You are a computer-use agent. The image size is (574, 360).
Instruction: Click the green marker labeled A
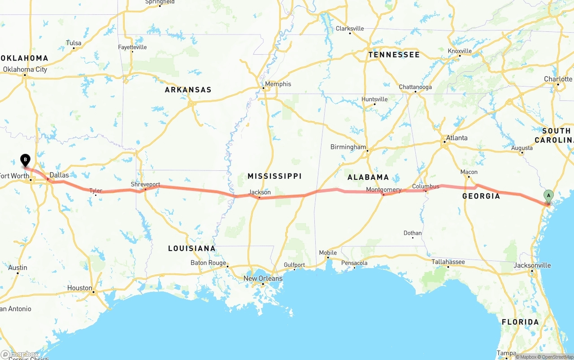click(548, 196)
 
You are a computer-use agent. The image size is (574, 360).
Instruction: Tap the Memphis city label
click(278, 84)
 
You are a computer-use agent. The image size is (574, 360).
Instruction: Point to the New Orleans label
click(263, 278)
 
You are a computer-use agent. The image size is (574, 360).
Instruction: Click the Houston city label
click(79, 288)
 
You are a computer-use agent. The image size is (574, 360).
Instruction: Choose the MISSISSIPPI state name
click(274, 176)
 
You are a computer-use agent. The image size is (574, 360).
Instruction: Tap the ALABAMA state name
click(368, 177)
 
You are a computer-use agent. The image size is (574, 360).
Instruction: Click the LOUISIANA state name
click(191, 248)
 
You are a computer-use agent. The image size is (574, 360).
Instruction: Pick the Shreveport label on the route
click(145, 184)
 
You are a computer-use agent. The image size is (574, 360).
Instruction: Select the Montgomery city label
click(383, 190)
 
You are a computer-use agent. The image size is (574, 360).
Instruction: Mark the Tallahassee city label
click(448, 262)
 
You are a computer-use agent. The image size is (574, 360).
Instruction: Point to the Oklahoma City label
click(25, 69)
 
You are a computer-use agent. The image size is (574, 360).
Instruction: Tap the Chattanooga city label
click(415, 87)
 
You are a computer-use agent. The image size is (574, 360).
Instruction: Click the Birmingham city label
click(348, 147)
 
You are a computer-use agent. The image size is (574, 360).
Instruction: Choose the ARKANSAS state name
click(188, 90)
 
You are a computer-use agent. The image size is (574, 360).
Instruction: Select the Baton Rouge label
click(208, 263)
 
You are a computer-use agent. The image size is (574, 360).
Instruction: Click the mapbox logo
click(20, 354)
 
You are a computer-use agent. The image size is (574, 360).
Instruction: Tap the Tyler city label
click(96, 191)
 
